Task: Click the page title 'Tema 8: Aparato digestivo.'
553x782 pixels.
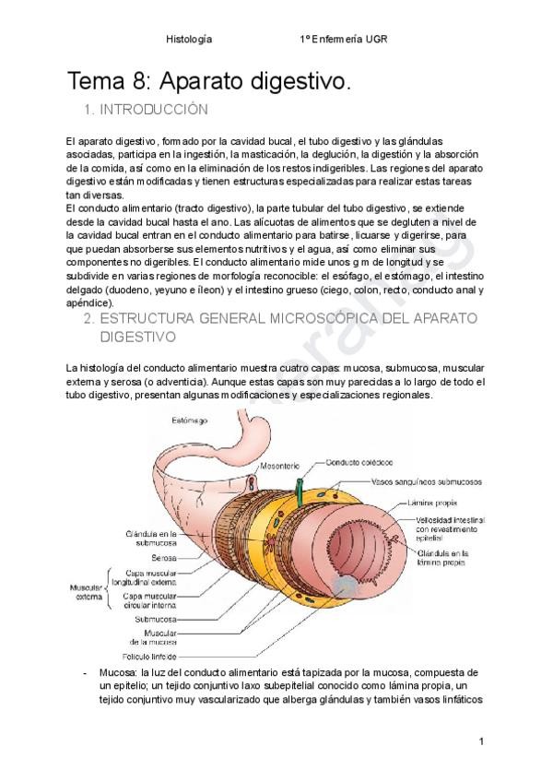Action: pos(209,81)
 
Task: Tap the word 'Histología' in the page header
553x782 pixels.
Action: pos(188,39)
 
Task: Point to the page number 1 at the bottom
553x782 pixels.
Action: pos(481,741)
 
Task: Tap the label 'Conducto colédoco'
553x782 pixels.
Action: pos(343,464)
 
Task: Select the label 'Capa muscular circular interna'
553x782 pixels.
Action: pos(151,601)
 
